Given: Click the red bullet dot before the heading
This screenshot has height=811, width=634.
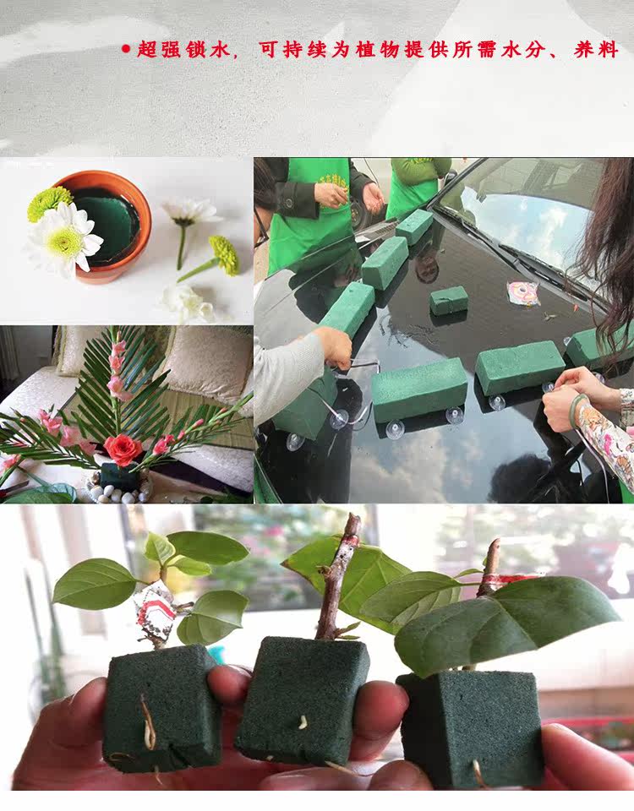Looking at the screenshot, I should [126, 49].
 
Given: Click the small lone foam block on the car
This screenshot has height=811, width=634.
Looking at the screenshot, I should [449, 300].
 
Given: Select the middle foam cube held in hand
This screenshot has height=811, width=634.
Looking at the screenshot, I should [302, 701].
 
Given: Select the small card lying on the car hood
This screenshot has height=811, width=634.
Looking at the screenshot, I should [522, 293].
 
